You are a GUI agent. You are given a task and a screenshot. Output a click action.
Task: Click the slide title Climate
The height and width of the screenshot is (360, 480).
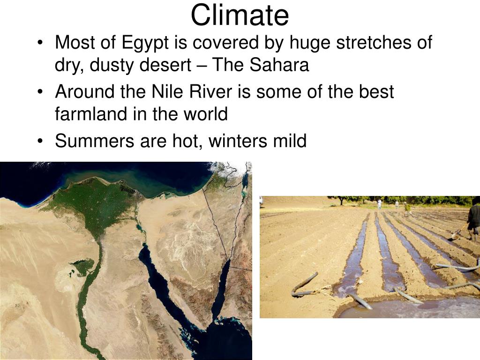240,15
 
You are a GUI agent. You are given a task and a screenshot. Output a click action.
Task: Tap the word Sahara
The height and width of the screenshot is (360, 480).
279,65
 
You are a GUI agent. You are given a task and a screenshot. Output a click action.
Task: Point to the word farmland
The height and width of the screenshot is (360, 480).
91,113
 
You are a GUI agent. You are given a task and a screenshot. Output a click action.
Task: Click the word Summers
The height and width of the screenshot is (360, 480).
95,141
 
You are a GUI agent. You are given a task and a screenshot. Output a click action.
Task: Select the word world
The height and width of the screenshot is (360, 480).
205,113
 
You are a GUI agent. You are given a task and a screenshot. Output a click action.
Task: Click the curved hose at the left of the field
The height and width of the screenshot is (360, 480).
304,285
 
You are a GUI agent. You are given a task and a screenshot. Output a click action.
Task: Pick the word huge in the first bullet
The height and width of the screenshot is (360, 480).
310,43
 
